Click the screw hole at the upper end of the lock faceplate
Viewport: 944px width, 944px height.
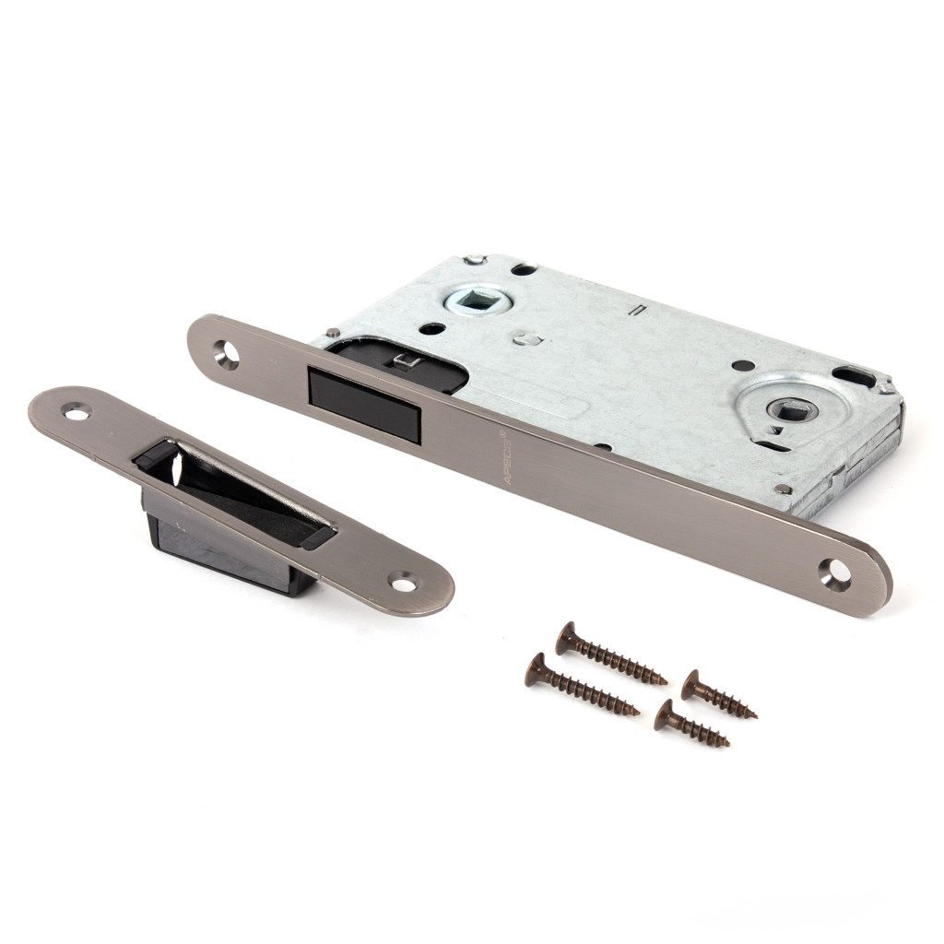(228, 353)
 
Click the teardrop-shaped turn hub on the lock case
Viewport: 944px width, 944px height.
(792, 409)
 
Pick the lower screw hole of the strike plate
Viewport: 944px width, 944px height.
(402, 583)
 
